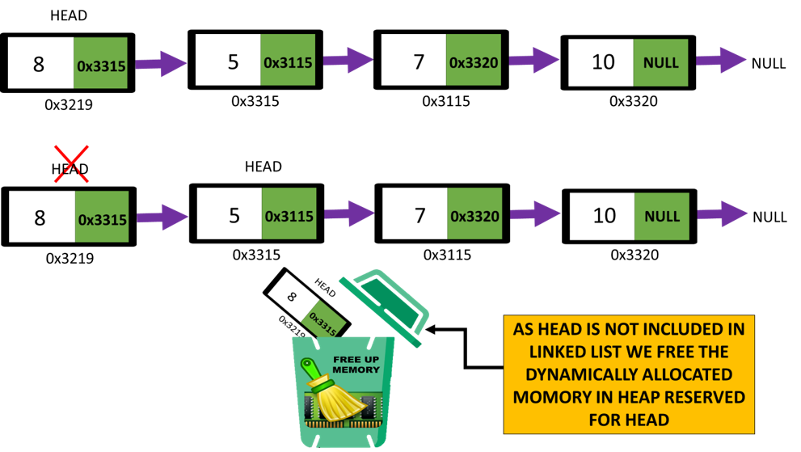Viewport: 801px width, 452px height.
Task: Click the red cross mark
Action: point(71,164)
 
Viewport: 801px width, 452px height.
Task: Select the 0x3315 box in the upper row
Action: point(100,63)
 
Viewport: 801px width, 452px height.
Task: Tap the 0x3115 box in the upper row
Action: point(288,60)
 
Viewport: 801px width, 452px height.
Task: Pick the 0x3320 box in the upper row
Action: point(473,60)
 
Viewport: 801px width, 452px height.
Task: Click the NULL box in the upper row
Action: point(660,62)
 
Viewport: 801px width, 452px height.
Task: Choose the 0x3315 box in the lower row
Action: point(102,217)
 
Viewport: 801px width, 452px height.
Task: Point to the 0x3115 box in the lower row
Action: point(289,213)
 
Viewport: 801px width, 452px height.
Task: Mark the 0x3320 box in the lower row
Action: point(474,213)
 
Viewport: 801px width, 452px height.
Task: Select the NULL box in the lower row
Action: point(661,216)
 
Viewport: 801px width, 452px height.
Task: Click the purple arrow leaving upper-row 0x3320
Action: point(534,60)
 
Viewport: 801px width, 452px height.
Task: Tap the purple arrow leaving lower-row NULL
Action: point(723,214)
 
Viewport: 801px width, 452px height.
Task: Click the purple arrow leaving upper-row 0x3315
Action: point(161,63)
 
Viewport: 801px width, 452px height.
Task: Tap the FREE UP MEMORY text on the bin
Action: point(356,365)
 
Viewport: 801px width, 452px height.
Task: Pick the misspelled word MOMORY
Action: point(551,397)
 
